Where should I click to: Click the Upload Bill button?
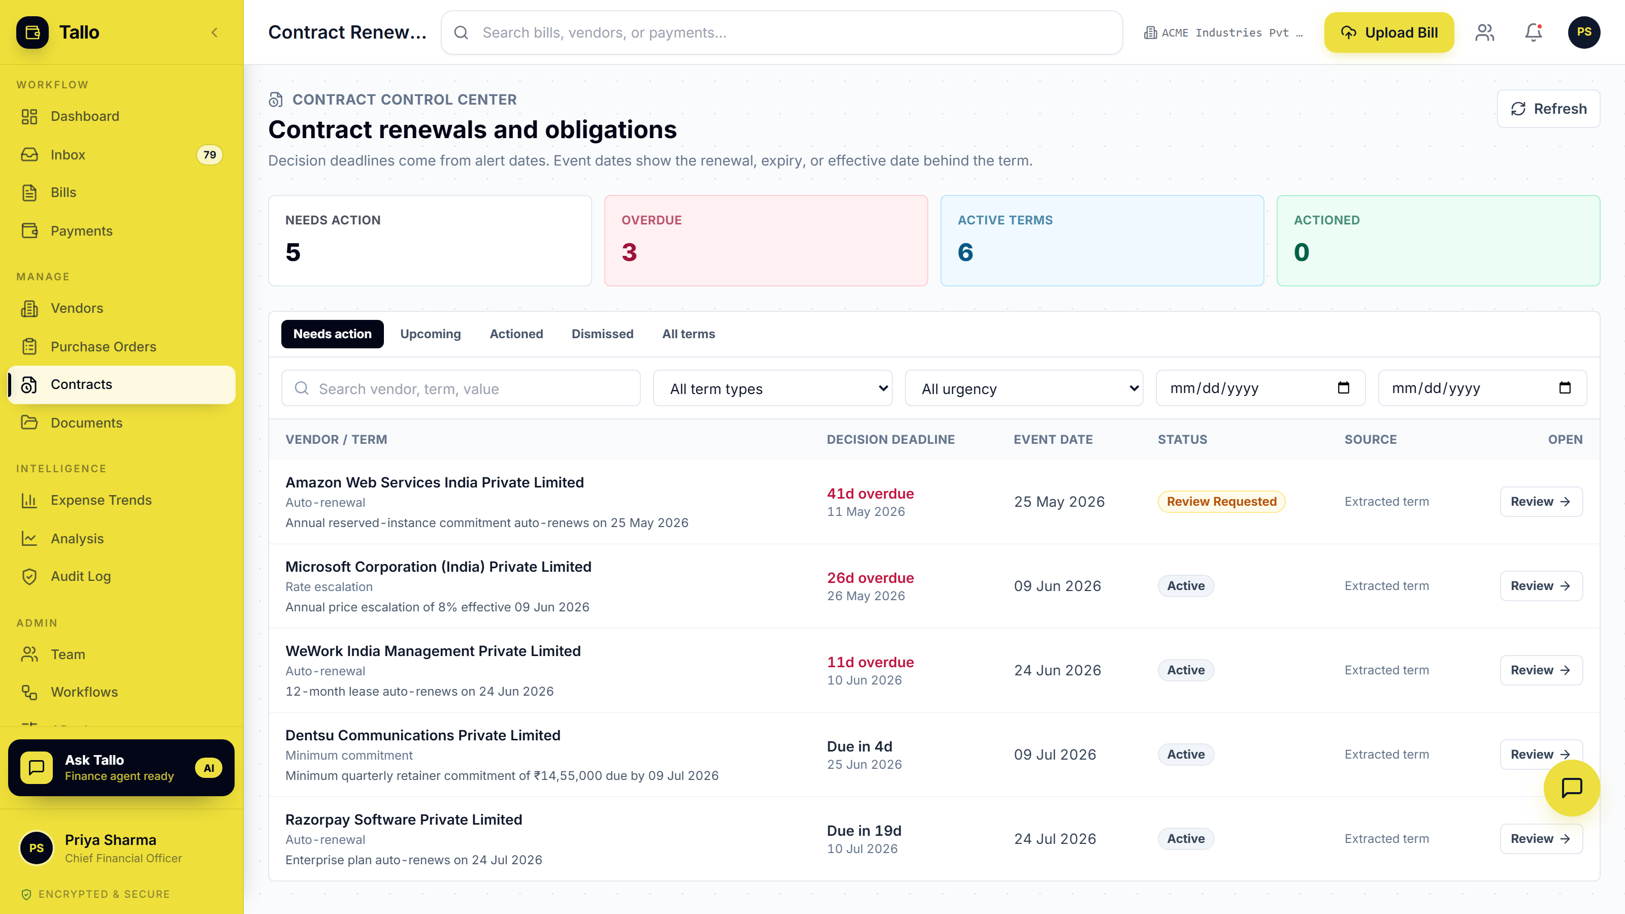click(x=1388, y=32)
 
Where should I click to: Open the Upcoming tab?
click(x=430, y=334)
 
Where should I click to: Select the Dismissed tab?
click(x=602, y=334)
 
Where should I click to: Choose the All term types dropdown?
click(x=772, y=388)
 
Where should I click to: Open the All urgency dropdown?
click(x=1024, y=388)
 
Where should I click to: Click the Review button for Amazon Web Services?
click(x=1541, y=502)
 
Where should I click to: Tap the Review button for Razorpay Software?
click(x=1541, y=838)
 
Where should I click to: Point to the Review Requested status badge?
click(x=1221, y=502)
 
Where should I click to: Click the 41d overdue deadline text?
click(x=870, y=493)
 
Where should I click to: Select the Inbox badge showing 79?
click(x=209, y=154)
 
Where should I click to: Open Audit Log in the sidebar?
click(x=81, y=576)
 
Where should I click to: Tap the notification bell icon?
click(x=1534, y=32)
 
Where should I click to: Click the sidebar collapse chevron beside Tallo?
click(x=214, y=32)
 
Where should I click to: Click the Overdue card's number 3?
click(x=629, y=252)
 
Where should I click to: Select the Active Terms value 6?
click(x=965, y=252)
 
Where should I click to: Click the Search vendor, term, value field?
click(x=461, y=388)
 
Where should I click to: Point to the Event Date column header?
click(x=1053, y=439)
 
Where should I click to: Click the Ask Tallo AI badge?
click(x=209, y=768)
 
